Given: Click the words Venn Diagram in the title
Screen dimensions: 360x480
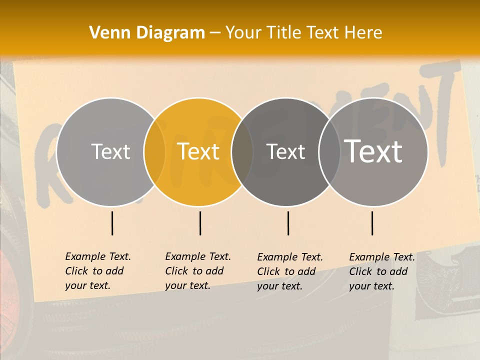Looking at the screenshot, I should [147, 33].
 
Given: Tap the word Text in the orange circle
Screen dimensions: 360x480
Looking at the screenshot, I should [198, 151].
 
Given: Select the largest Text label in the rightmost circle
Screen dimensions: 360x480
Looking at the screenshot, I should [373, 151].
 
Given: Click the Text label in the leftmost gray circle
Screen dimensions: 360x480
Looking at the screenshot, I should [110, 151].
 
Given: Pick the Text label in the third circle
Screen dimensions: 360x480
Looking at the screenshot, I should [285, 151].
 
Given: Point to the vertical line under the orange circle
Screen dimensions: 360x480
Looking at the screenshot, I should [200, 223].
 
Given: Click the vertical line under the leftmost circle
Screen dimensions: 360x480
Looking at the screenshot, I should [112, 223].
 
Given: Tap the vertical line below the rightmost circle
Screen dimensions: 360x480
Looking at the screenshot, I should [372, 223].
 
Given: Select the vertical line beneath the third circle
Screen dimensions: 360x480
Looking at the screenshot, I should [288, 223].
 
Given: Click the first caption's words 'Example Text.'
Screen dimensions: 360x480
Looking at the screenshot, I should [98, 256].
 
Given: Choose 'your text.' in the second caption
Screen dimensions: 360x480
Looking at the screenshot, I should [187, 285].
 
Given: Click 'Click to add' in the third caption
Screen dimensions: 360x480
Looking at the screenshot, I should [286, 271].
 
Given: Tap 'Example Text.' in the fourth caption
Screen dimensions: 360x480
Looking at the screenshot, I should [382, 257].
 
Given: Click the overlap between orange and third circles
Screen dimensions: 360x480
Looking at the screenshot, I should [242, 151].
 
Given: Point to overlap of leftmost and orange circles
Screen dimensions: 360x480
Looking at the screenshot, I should [154, 151].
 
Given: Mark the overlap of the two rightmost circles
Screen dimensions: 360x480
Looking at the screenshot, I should [329, 151].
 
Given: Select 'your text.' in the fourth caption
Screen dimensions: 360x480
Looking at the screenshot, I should [371, 286].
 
